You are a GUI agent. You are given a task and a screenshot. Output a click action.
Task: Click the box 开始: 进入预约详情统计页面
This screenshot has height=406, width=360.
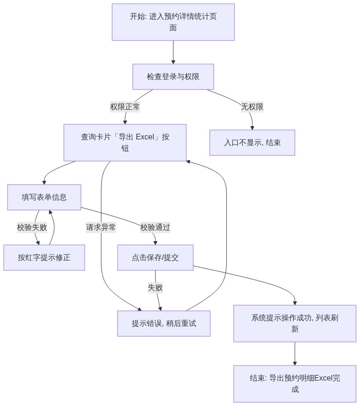click(x=173, y=22)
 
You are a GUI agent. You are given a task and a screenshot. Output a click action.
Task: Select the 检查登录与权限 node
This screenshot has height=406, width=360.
click(x=173, y=77)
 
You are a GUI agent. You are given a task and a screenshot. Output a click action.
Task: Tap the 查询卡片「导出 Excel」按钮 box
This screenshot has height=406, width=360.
click(x=125, y=142)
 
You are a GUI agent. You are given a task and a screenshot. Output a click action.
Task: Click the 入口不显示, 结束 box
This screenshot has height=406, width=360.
click(x=252, y=142)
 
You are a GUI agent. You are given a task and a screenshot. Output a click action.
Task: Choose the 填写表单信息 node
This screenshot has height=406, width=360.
click(x=44, y=197)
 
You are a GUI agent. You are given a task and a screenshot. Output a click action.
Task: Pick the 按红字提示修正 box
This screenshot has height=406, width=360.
click(x=44, y=258)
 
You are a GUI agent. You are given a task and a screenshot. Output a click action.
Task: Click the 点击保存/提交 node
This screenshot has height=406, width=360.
click(x=155, y=258)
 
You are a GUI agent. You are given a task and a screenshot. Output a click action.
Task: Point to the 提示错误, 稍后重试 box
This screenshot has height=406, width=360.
click(x=164, y=324)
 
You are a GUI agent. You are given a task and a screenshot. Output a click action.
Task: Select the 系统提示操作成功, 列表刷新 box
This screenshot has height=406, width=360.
click(x=295, y=324)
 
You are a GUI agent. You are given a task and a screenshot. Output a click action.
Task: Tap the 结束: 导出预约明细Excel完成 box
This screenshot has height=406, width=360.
click(x=295, y=384)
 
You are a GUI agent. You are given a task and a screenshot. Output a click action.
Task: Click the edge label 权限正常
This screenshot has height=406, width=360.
click(x=125, y=106)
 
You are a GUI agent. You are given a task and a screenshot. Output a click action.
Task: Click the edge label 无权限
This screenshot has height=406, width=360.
click(x=252, y=106)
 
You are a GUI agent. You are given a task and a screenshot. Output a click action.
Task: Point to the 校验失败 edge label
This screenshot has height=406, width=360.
click(x=32, y=227)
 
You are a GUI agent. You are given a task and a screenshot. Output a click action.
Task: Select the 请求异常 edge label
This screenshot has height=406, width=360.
click(x=101, y=227)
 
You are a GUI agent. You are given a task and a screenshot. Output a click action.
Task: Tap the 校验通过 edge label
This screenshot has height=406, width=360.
click(x=155, y=227)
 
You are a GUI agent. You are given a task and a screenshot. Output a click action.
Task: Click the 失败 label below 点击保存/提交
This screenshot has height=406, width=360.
click(x=155, y=287)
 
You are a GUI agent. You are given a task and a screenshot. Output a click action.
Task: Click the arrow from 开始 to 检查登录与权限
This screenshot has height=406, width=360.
click(x=173, y=52)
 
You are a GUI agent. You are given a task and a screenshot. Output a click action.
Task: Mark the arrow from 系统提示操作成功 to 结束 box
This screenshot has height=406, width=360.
click(x=295, y=354)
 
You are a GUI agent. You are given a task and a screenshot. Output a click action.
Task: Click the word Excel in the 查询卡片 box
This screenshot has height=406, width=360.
click(x=145, y=137)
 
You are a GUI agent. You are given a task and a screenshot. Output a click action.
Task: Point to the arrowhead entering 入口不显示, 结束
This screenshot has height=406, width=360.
click(x=252, y=128)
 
